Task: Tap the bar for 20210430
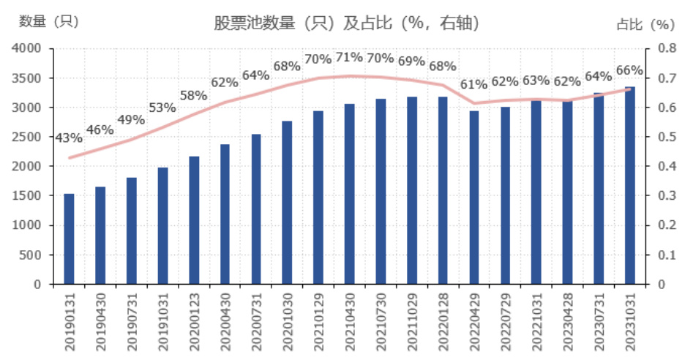350,194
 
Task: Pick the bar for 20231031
630,185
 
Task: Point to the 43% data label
68,138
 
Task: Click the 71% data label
349,57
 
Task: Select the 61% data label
473,84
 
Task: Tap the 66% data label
629,71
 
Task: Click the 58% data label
193,95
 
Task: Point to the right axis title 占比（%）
645,24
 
